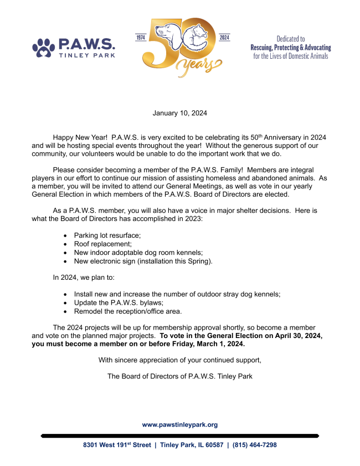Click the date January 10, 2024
(179, 113)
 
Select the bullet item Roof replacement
(102, 243)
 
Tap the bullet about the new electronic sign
(143, 260)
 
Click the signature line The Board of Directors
(179, 377)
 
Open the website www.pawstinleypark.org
(179, 424)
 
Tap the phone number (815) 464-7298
(254, 445)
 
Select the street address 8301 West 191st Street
(117, 445)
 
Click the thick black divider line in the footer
(179, 436)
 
